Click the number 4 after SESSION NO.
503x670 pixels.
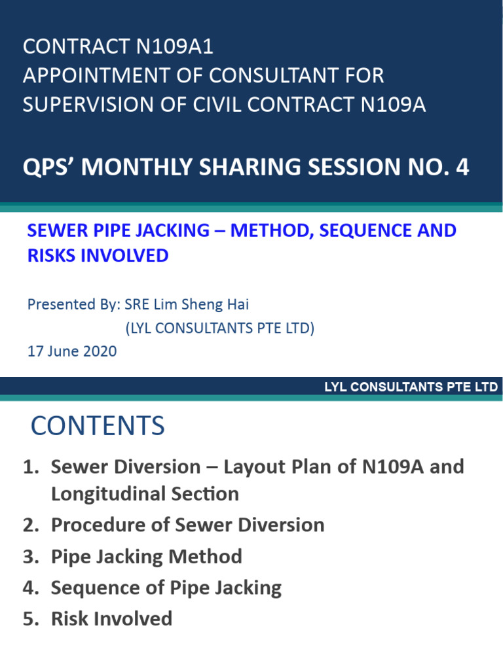462,167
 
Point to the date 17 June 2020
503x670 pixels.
72,351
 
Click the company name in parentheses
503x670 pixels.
219,328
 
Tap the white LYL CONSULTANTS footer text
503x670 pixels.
411,387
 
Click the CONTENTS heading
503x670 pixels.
98,427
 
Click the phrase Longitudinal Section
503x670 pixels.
145,493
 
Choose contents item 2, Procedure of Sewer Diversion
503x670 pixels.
187,525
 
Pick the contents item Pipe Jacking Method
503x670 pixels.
146,557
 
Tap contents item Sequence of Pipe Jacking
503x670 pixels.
166,588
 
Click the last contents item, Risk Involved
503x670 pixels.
111,619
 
